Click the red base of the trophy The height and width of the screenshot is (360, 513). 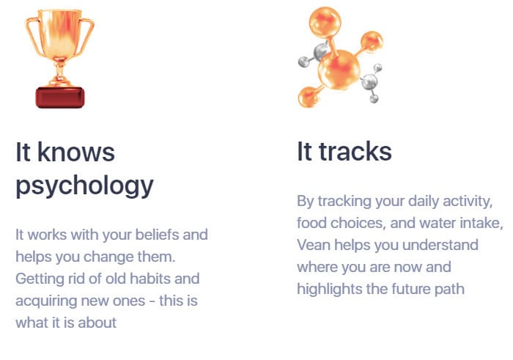click(x=60, y=98)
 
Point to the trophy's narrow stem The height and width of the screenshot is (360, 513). click(x=59, y=70)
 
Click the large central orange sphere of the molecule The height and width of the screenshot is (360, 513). click(x=339, y=69)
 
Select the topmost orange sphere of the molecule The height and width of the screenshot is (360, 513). click(x=325, y=22)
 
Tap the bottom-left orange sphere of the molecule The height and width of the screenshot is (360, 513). click(x=309, y=96)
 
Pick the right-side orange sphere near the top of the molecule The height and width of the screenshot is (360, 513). click(x=372, y=42)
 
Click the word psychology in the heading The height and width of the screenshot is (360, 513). click(x=84, y=185)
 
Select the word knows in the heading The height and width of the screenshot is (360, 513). click(x=76, y=152)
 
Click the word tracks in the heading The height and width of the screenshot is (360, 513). click(x=355, y=151)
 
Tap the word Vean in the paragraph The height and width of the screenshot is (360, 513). click(x=314, y=245)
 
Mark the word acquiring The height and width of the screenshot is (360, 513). click(x=46, y=301)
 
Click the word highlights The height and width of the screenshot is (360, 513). click(x=330, y=290)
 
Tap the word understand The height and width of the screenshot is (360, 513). click(x=440, y=245)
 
